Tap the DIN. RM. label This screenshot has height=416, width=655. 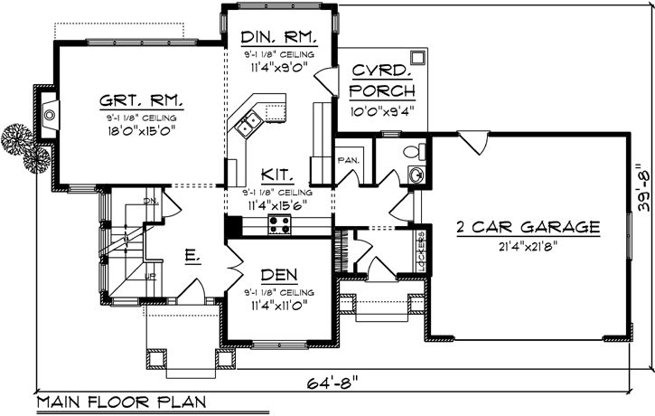click(278, 38)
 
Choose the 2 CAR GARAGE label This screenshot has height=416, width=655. click(528, 226)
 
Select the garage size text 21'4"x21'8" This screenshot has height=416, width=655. click(528, 246)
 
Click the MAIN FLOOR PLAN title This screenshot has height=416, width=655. click(121, 402)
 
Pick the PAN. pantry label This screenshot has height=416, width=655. click(349, 160)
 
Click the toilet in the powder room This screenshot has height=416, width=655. click(414, 152)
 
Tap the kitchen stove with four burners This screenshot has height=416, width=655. click(278, 226)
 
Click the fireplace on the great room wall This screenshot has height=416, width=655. click(50, 114)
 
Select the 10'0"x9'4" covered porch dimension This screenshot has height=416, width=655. click(382, 111)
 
